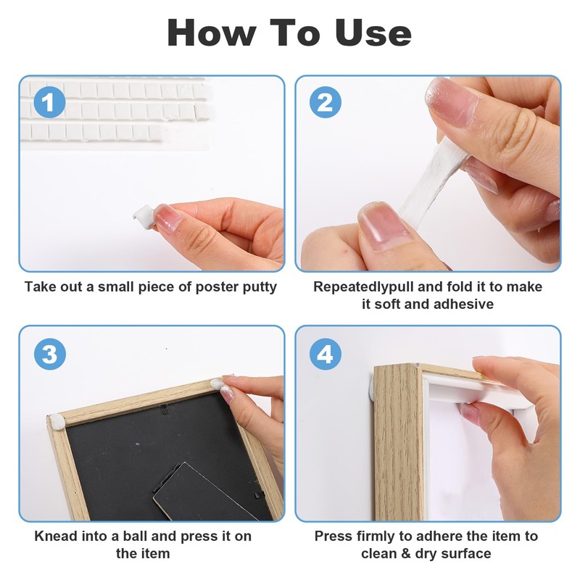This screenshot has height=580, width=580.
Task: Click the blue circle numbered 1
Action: coord(49,102)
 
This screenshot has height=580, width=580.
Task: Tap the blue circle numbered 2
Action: coord(326,102)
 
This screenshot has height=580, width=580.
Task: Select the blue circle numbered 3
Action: coord(49,355)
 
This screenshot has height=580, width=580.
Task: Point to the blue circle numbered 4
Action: coord(326,355)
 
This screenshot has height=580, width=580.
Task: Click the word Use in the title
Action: coord(373,33)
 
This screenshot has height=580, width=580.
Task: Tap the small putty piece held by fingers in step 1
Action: coord(142,212)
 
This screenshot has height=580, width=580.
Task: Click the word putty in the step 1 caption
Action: coord(258,287)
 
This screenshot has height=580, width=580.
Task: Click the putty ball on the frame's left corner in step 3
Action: coord(56,420)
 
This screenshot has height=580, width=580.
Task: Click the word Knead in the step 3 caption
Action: coord(55,536)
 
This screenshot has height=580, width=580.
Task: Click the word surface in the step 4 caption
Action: coord(465,554)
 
